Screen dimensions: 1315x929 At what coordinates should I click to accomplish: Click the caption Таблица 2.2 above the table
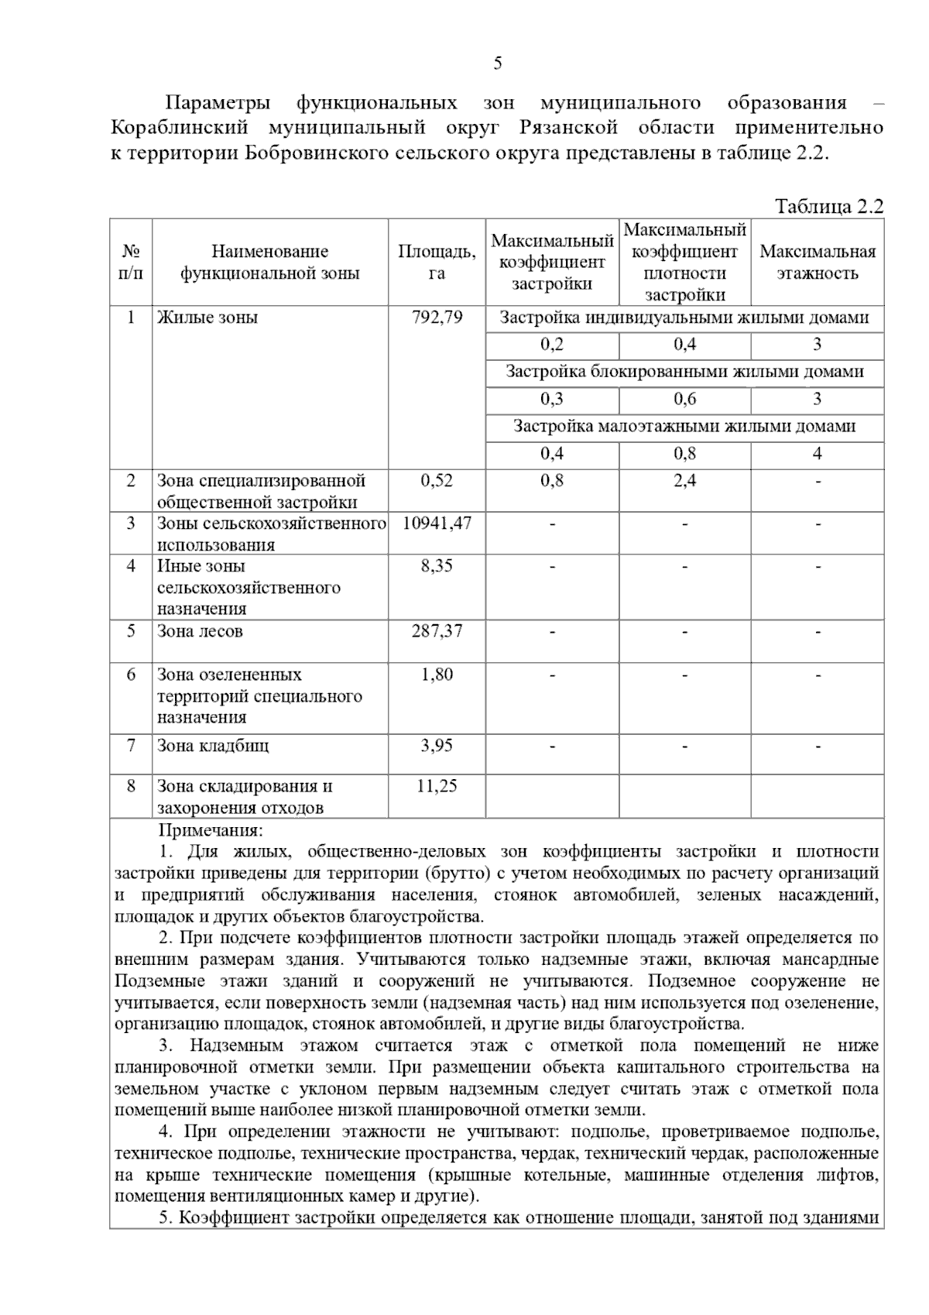pos(828,207)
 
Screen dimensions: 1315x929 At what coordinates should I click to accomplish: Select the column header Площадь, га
pos(437,262)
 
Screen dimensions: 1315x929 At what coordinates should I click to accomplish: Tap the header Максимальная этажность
pos(817,262)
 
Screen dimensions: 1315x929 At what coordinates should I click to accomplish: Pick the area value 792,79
pos(437,318)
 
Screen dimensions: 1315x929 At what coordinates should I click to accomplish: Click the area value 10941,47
pos(437,523)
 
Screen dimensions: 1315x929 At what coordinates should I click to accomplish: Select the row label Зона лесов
pos(200,631)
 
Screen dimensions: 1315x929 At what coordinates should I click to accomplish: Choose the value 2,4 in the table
pos(684,481)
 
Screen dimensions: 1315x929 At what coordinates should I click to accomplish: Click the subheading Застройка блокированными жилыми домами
pos(684,372)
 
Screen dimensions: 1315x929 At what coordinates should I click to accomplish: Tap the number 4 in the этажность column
pos(817,454)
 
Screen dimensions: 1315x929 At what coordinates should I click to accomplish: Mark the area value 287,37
pos(437,631)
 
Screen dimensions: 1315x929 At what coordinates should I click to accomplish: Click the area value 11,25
pos(437,786)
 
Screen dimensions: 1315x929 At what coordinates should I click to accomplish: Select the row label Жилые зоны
pos(207,318)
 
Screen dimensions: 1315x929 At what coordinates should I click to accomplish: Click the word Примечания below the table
pos(211,831)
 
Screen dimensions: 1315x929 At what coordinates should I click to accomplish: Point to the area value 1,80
pos(437,675)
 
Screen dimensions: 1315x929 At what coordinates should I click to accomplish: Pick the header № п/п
pos(131,262)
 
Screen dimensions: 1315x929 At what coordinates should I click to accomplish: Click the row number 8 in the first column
pos(131,786)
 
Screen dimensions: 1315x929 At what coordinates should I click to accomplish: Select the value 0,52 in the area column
pos(437,481)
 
